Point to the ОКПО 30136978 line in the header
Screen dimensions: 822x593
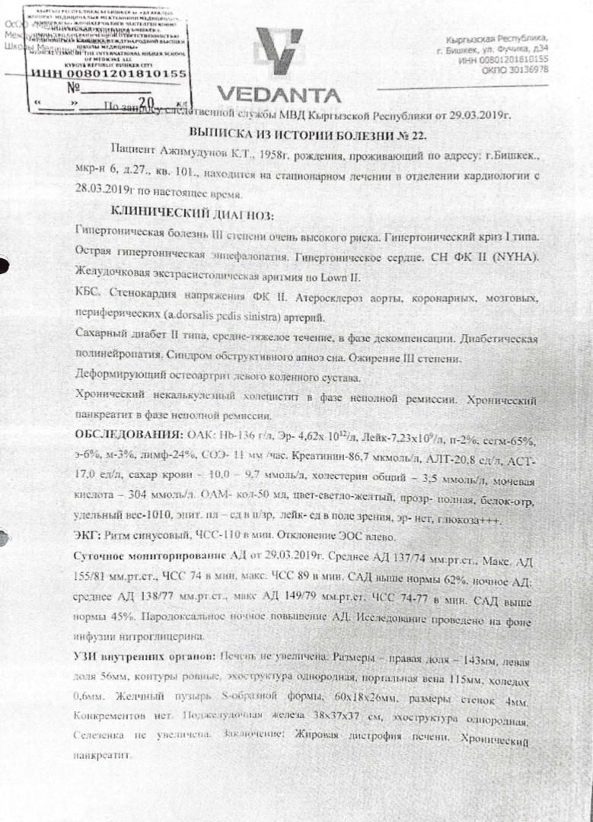click(515, 69)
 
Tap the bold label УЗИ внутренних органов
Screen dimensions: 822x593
click(144, 656)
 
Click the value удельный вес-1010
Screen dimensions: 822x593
click(114, 517)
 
